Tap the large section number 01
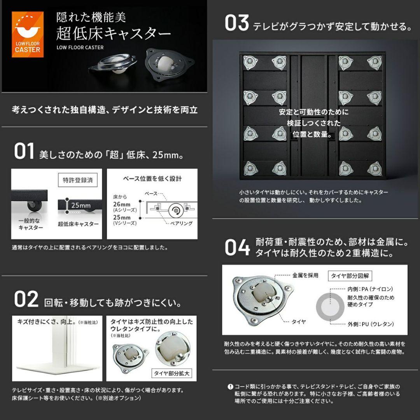coord(24,152)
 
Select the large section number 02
coord(26,299)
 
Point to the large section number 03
coord(236,23)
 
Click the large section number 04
coord(237,248)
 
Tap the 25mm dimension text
coord(81,205)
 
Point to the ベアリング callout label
coord(181,224)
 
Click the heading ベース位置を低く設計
coord(152,179)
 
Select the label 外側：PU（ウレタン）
coord(371,324)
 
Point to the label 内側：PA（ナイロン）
coord(370,289)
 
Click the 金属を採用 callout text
coord(305,275)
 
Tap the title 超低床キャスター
coord(113,34)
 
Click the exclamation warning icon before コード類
coord(230,387)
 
